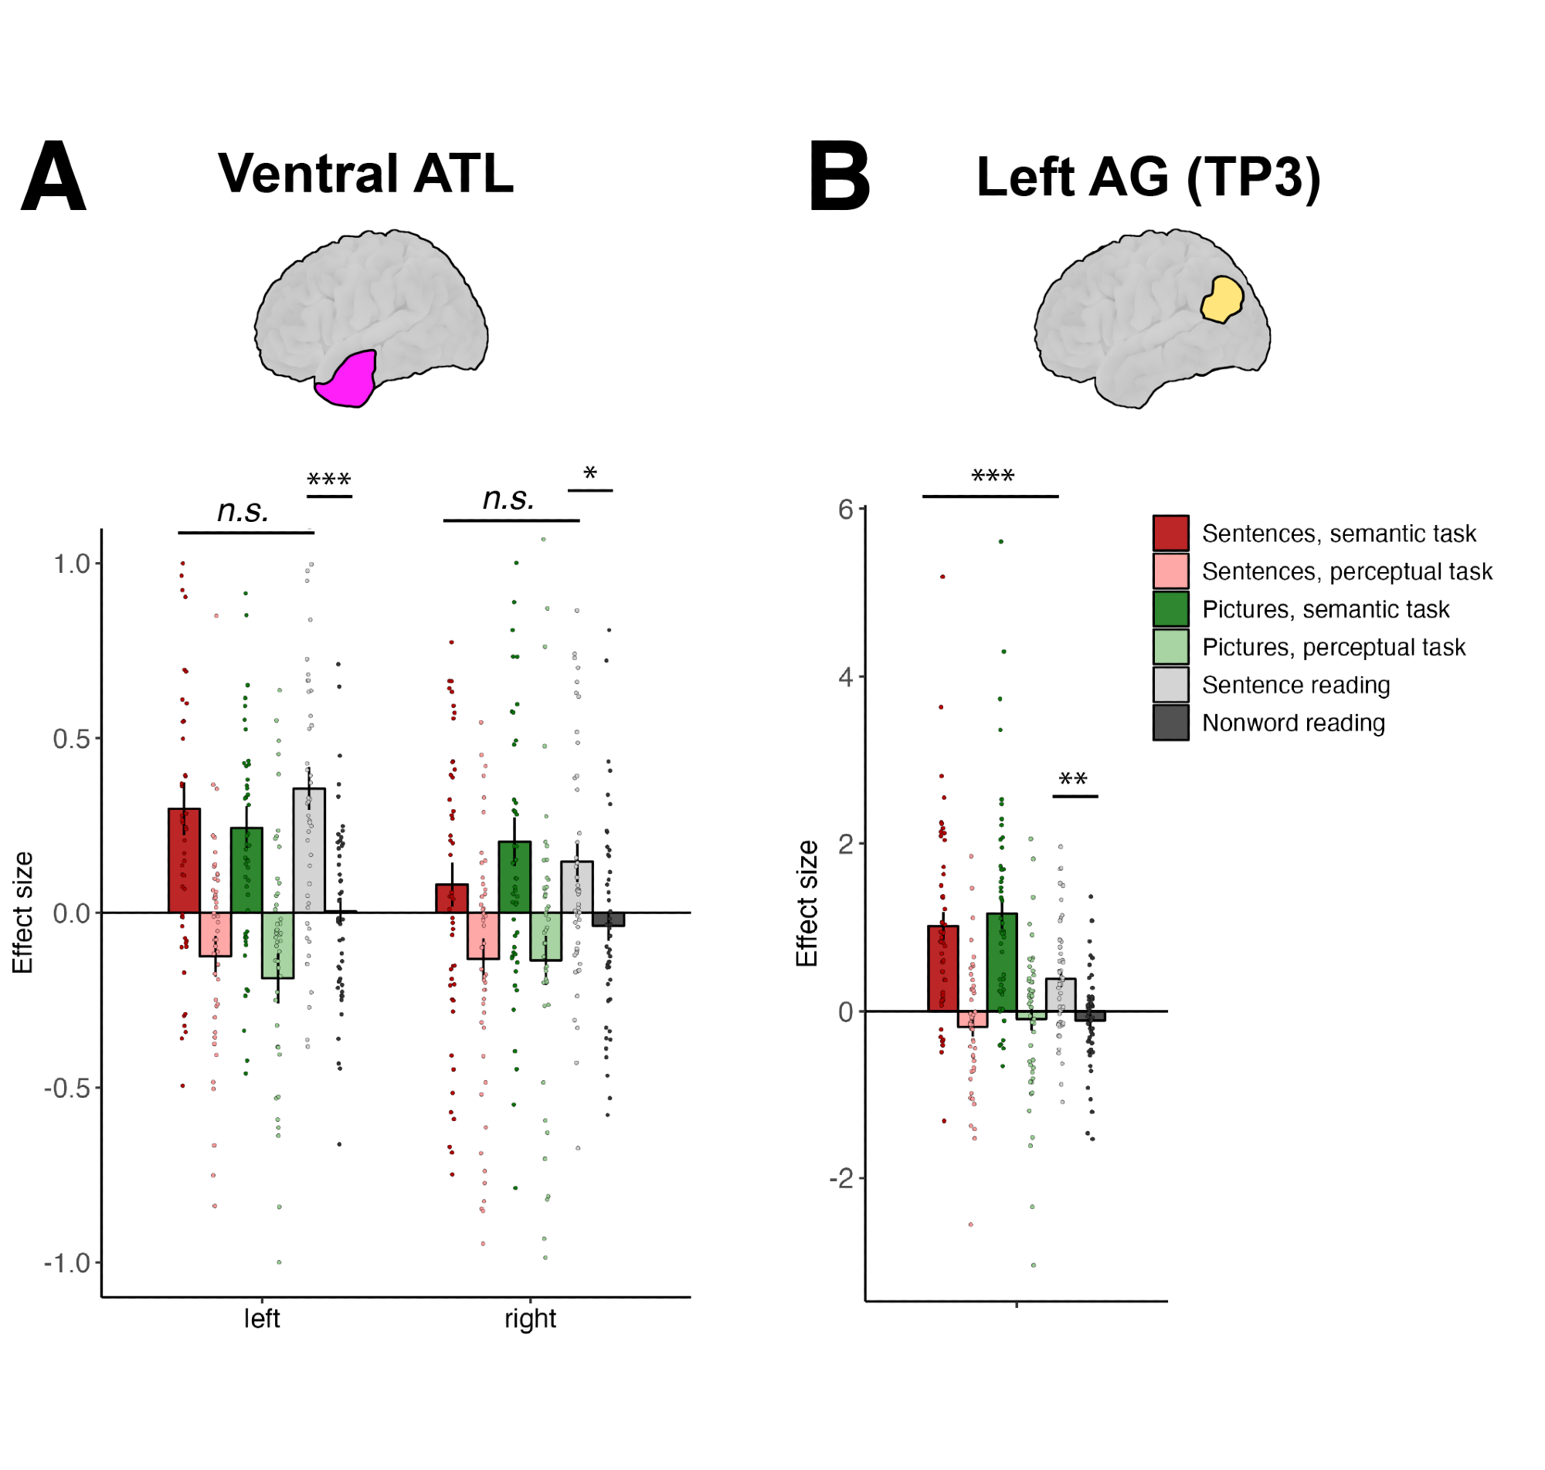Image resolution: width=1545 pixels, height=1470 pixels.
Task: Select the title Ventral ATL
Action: click(365, 173)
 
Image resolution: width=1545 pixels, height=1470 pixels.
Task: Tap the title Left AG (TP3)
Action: click(1148, 177)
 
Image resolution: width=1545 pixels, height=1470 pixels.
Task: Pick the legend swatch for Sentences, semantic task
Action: click(1170, 533)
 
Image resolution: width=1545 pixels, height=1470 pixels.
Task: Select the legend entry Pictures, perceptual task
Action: click(1333, 647)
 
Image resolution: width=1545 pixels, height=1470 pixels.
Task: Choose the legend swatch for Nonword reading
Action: click(1170, 723)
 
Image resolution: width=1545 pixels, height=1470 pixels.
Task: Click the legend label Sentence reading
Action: click(1295, 685)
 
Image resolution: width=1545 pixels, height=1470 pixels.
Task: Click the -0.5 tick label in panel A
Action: click(67, 1088)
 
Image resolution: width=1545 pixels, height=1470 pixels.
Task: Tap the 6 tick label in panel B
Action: click(845, 510)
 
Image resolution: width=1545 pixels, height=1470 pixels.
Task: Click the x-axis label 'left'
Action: click(261, 1319)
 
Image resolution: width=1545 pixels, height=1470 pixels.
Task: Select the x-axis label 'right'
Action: click(530, 1319)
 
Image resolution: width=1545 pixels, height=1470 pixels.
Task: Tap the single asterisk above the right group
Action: click(589, 472)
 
